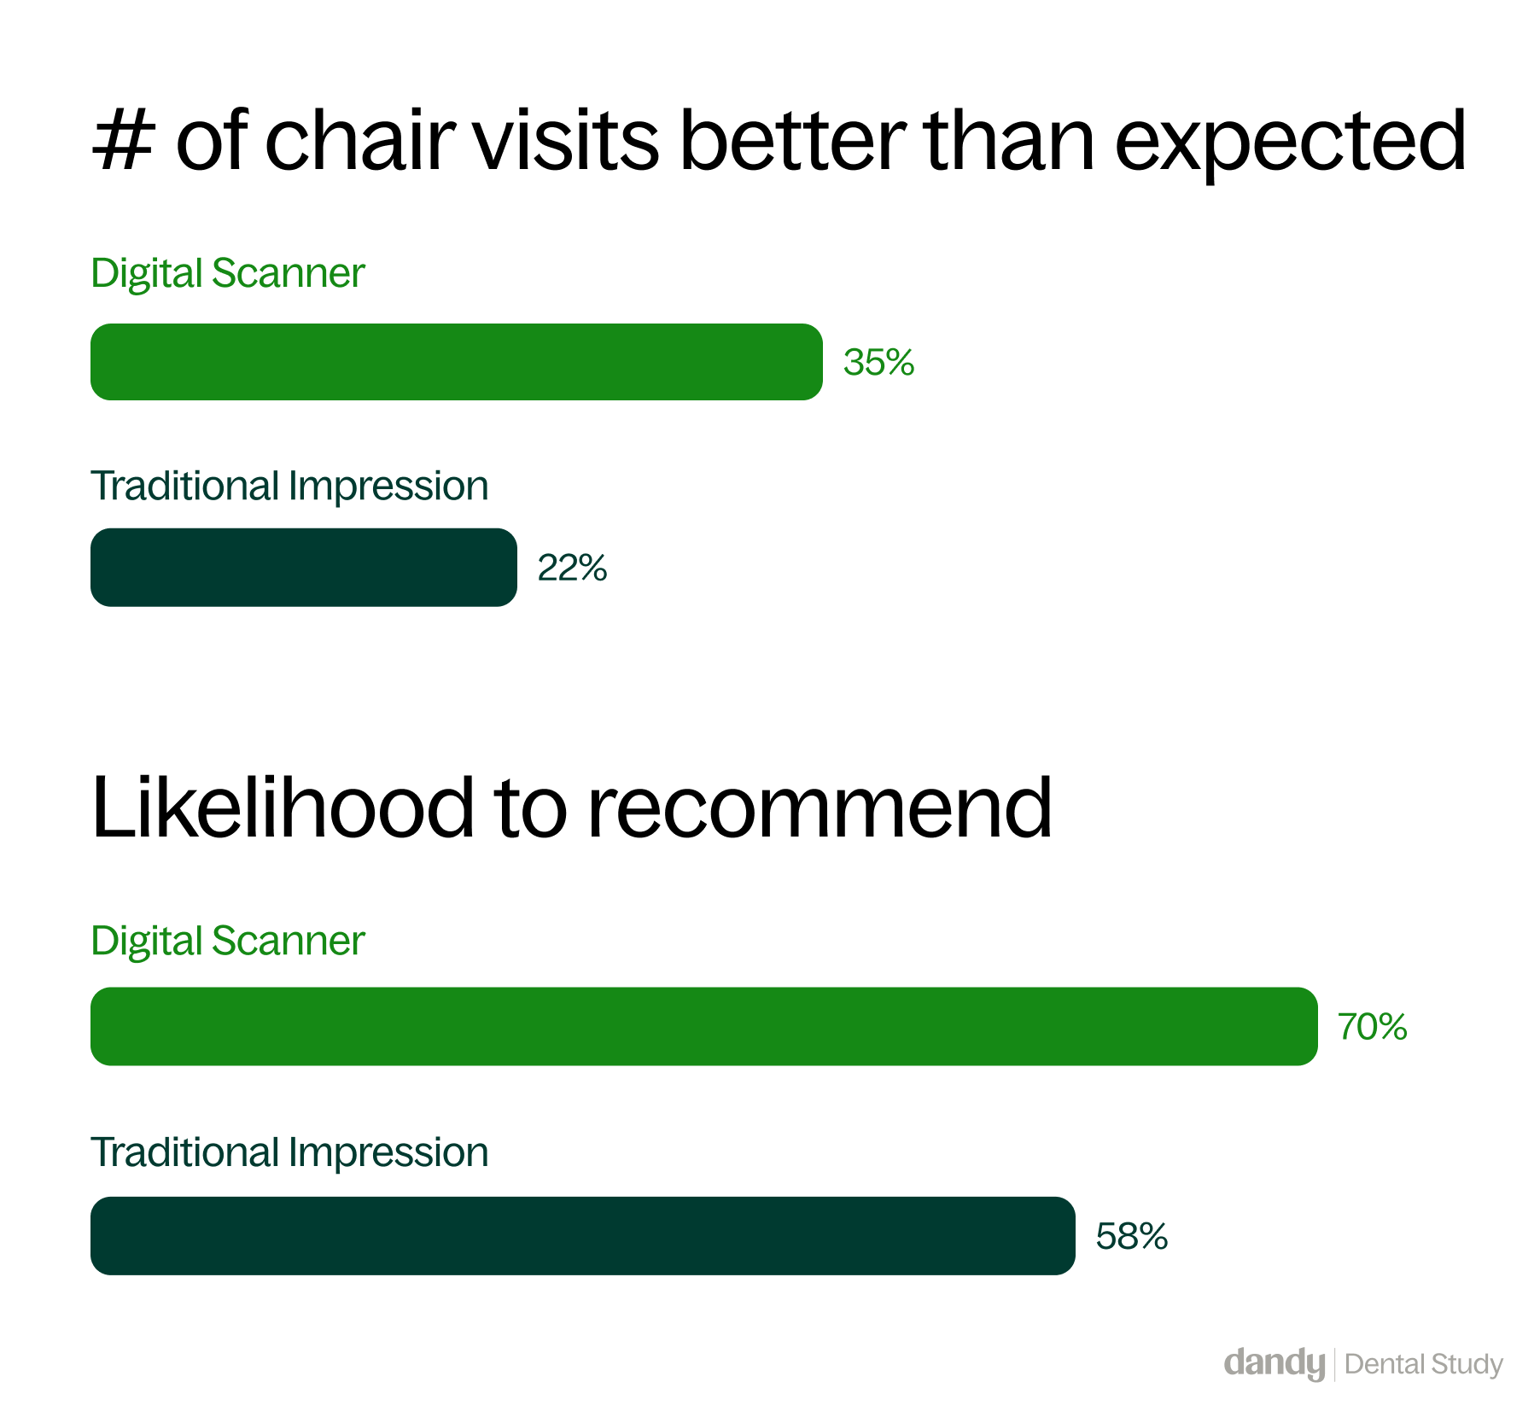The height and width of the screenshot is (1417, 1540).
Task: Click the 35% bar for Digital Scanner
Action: (x=457, y=362)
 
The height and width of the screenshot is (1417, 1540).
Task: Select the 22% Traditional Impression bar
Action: (x=304, y=568)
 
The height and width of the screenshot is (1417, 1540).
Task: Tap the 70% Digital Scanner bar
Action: (x=704, y=1026)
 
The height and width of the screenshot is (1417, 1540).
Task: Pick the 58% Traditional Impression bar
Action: (x=583, y=1236)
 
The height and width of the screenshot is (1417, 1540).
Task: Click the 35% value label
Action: (x=879, y=363)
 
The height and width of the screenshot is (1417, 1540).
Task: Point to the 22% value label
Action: (x=572, y=568)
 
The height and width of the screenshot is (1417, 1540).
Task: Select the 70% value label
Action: (x=1373, y=1027)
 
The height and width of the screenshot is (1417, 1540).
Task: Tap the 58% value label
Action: (x=1132, y=1236)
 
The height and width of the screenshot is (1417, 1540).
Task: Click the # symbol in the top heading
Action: (x=124, y=140)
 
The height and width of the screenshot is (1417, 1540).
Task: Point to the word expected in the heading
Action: (x=1290, y=142)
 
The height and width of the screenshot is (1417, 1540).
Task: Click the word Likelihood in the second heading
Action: (x=283, y=807)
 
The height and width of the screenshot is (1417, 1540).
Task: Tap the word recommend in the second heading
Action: (x=820, y=807)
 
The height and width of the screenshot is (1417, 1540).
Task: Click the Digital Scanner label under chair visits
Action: (x=228, y=274)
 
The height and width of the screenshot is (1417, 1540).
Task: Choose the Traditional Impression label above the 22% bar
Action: (x=289, y=487)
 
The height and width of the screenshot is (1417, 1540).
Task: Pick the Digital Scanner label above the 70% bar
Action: (x=228, y=942)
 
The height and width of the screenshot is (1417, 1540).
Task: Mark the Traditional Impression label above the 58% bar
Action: (x=289, y=1153)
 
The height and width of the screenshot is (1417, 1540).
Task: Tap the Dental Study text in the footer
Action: (x=1424, y=1365)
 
